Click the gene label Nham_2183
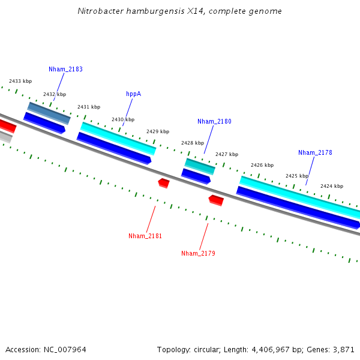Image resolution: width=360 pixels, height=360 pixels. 65,69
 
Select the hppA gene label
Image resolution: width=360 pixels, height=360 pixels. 133,94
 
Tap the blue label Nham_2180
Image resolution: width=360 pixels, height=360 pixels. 214,121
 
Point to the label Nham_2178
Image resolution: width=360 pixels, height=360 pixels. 315,152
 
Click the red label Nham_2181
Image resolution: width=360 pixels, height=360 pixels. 145,236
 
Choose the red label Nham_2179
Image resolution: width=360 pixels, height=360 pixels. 198,253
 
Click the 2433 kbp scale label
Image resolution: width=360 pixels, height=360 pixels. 20,81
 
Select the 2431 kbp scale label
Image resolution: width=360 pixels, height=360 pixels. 89,107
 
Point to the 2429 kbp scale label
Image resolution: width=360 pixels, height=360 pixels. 158,131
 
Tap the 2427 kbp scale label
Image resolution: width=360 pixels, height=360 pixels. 227,154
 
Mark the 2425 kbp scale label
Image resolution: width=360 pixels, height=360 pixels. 296,176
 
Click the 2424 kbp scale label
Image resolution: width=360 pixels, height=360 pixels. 331,186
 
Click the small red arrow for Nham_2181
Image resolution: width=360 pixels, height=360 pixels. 164,182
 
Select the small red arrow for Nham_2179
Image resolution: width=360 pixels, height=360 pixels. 216,200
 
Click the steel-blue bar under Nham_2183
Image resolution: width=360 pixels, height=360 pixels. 49,113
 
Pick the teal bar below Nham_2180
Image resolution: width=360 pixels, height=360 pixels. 200,166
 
